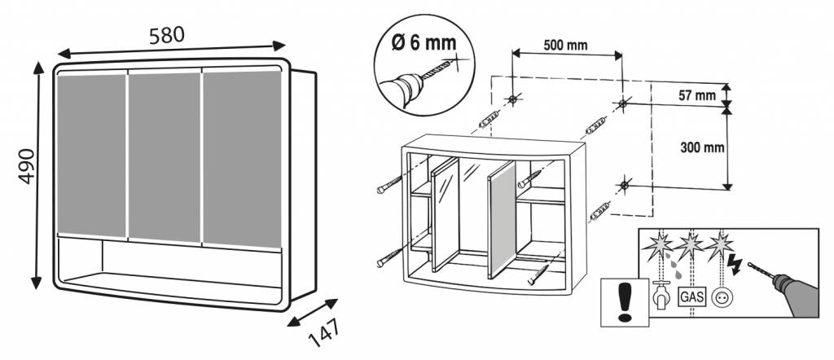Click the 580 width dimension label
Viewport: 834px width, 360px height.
click(167, 34)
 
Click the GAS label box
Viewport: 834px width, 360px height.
click(691, 296)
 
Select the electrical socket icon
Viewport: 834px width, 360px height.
click(722, 298)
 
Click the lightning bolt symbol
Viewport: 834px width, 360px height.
click(734, 263)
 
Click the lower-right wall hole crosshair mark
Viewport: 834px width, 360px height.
click(624, 186)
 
